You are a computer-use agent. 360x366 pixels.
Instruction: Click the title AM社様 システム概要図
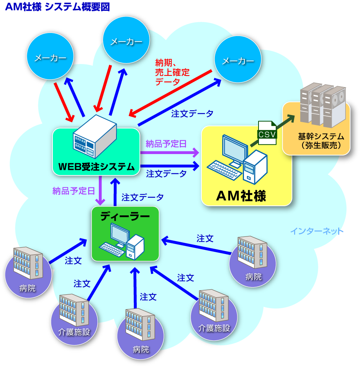click(x=57, y=7)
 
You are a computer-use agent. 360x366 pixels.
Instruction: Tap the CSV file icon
click(x=267, y=133)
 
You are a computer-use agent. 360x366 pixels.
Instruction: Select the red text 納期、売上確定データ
click(x=172, y=72)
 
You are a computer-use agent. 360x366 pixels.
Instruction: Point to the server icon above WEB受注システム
click(x=95, y=136)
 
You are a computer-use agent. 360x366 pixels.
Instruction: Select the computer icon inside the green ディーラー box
click(x=123, y=241)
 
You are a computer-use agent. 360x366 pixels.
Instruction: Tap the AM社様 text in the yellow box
click(x=241, y=196)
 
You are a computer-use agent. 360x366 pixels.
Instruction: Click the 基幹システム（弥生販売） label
click(x=321, y=141)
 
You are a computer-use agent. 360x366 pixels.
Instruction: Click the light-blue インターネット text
click(x=316, y=231)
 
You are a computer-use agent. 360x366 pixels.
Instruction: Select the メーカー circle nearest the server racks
click(x=238, y=61)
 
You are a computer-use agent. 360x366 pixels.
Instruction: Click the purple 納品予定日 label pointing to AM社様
click(x=166, y=144)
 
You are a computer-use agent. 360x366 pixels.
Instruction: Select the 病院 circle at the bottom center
click(x=141, y=337)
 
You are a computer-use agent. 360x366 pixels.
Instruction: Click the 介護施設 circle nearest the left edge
click(x=74, y=320)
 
